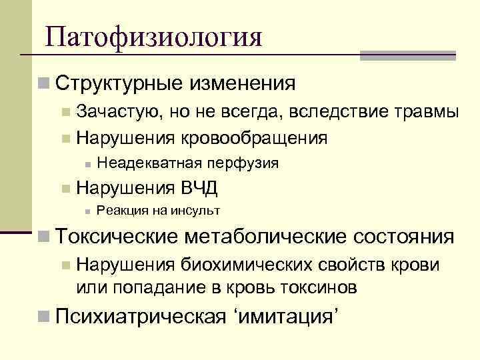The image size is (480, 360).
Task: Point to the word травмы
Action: point(427,112)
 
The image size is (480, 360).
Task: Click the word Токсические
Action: point(117,237)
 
